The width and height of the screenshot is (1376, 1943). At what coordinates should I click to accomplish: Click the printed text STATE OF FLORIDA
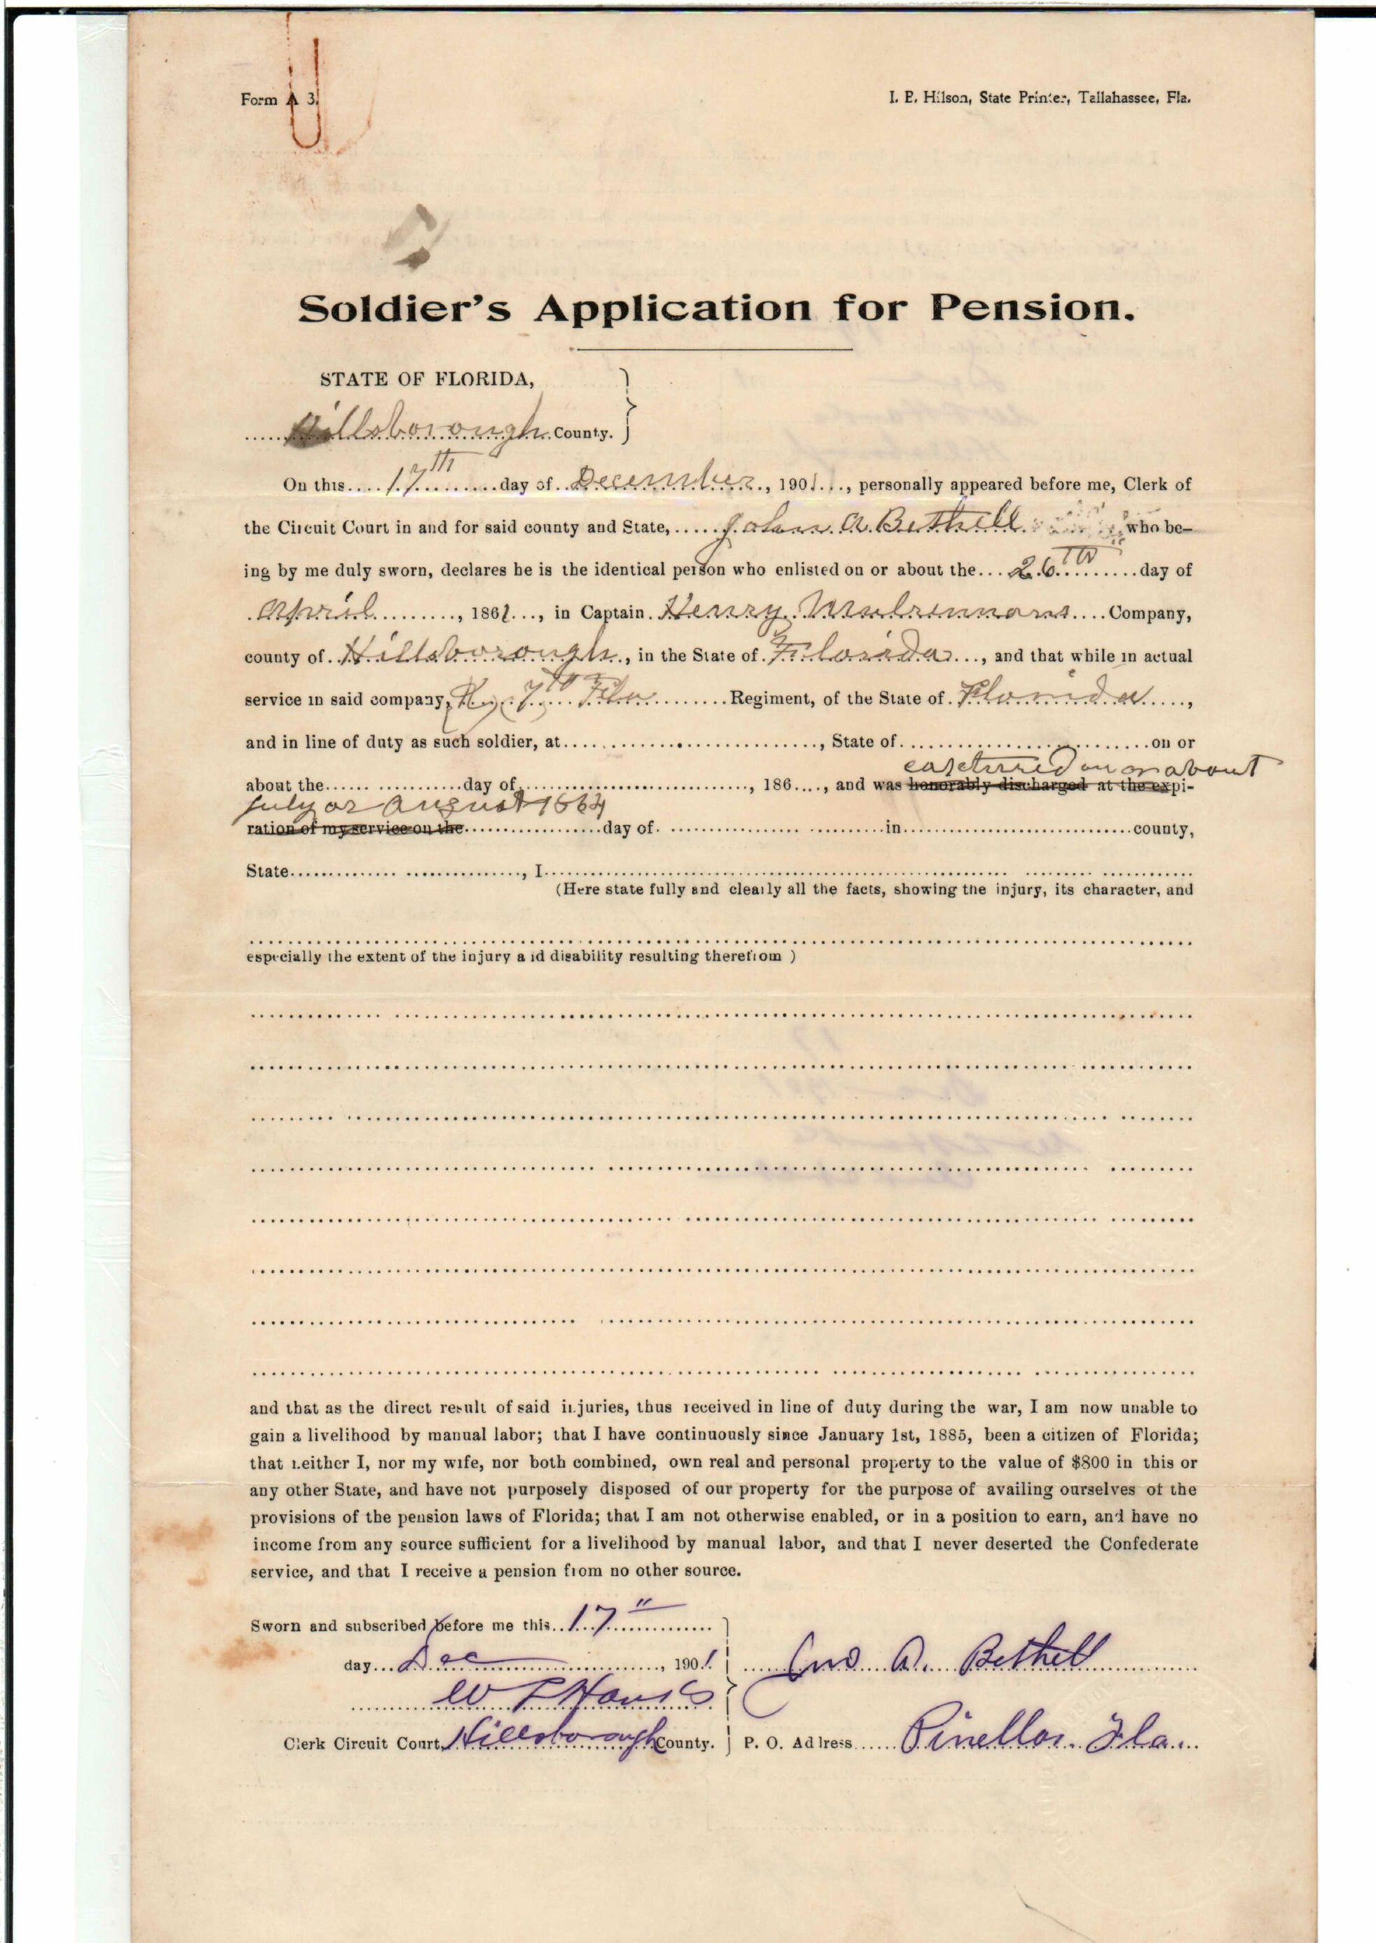pos(427,379)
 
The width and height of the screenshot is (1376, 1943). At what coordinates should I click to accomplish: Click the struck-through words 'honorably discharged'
pos(998,786)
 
